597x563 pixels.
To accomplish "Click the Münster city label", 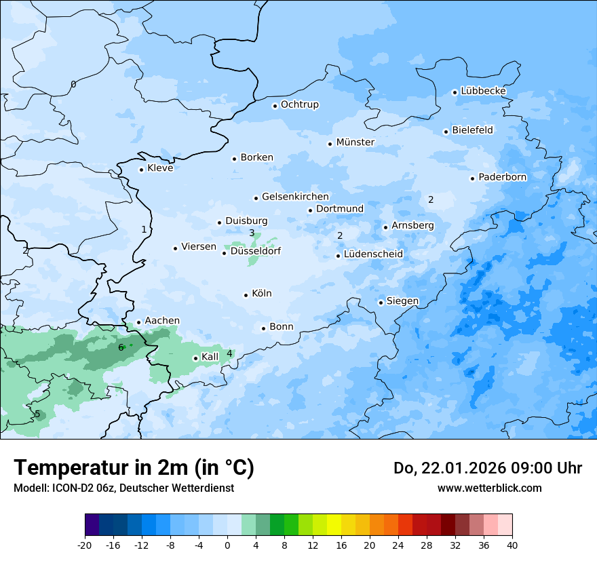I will (x=355, y=142).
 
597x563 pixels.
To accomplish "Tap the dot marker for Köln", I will (x=246, y=295).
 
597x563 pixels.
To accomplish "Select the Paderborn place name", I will (x=502, y=177).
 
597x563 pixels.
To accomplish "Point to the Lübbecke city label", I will (x=483, y=91).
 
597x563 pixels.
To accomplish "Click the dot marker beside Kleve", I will (x=141, y=170).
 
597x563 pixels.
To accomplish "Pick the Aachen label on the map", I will (x=162, y=321).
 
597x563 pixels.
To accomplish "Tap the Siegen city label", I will (x=402, y=301).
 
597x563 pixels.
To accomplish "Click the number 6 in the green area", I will (x=121, y=347).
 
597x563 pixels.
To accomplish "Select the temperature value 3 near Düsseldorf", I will (x=252, y=233).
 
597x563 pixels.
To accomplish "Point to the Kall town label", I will (x=210, y=357).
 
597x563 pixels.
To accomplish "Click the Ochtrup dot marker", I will (x=275, y=106).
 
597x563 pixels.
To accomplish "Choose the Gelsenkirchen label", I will (x=295, y=197).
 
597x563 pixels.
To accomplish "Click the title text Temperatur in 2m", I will (x=134, y=467).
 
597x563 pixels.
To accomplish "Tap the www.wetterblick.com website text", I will (x=489, y=488).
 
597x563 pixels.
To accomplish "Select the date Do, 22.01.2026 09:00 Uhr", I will (x=487, y=468).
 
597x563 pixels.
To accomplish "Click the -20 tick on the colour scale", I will (x=85, y=545).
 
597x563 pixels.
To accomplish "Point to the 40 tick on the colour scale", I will (x=512, y=545).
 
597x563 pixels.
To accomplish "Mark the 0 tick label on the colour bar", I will (x=227, y=545).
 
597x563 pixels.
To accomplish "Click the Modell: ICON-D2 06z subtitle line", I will (x=123, y=488).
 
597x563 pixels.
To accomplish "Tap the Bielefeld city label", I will (x=472, y=130).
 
